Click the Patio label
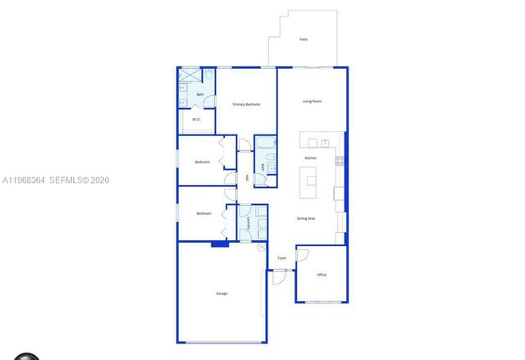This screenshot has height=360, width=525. point(304,39)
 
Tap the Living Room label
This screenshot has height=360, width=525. point(312,101)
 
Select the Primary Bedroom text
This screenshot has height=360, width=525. point(245,104)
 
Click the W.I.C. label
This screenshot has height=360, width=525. point(197,120)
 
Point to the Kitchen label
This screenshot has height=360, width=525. point(311,157)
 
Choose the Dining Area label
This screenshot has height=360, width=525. point(307,218)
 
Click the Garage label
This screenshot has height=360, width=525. point(221,294)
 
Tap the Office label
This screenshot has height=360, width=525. point(322,275)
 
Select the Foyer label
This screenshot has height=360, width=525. point(281,257)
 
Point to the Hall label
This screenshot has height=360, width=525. point(246,178)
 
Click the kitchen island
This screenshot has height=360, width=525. point(310,181)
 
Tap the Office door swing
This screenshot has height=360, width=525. point(299,255)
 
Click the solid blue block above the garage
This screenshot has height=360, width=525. point(219,244)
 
